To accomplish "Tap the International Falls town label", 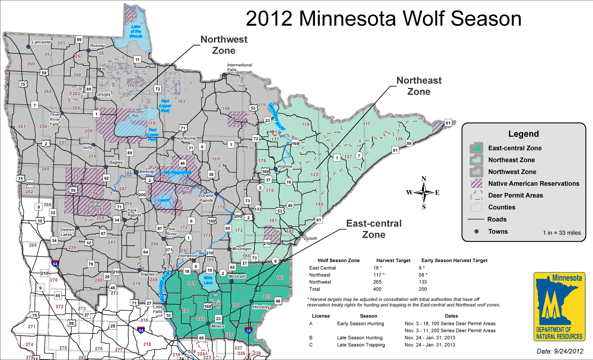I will tap(239, 67).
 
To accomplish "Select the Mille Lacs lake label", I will tap(208, 280).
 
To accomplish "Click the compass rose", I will tap(424, 192).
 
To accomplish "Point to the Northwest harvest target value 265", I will tap(377, 282).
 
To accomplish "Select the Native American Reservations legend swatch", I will tap(476, 184).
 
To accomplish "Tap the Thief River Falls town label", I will tap(55, 119).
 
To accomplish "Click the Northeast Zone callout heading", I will tap(419, 86).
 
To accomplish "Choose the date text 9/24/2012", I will tap(560, 351).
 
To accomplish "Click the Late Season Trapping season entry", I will tap(361, 345).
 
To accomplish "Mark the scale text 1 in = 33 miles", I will tap(561, 233).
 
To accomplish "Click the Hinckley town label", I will tap(261, 307).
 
